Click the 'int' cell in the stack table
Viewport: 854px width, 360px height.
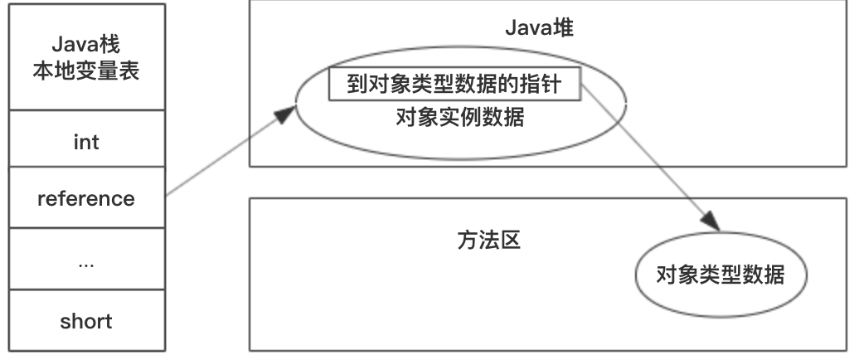[86, 142]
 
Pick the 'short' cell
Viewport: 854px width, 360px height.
[86, 321]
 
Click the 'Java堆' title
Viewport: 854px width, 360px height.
[541, 28]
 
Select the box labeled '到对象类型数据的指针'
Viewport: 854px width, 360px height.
[454, 83]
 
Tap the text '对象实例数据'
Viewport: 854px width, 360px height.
[460, 117]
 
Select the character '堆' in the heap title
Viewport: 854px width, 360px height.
[565, 28]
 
